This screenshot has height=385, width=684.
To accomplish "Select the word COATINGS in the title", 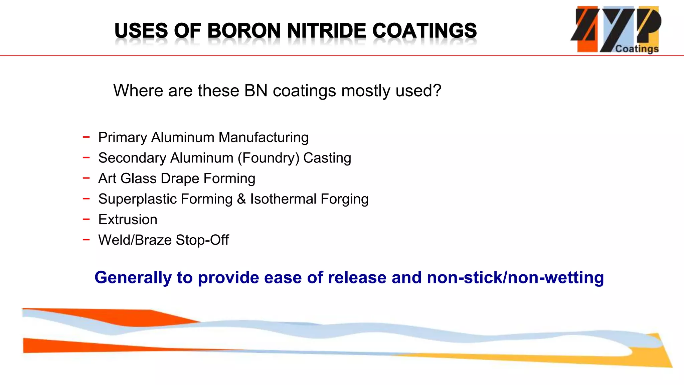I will coord(424,31).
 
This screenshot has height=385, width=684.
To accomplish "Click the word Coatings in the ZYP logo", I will coord(637,49).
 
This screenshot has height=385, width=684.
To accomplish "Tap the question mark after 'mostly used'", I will coord(437,91).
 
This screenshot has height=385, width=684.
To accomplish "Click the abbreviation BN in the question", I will coord(256,91).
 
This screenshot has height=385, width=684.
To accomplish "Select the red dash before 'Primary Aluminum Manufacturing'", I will coord(86,137).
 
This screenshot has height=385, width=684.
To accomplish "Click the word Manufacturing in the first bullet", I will coord(263,137).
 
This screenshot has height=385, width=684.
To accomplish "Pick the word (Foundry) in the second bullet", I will coord(268,158).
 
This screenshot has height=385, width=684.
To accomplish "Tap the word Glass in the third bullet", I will coord(138,178).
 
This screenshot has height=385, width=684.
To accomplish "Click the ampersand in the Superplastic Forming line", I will coord(241,199).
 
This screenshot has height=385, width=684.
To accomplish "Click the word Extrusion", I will coord(128,220).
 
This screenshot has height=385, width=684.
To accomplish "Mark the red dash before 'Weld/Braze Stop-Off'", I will coord(86,239).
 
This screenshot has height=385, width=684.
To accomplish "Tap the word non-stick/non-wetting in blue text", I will coord(515,278).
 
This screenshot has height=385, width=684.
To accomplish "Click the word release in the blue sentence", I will coord(357,278).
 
